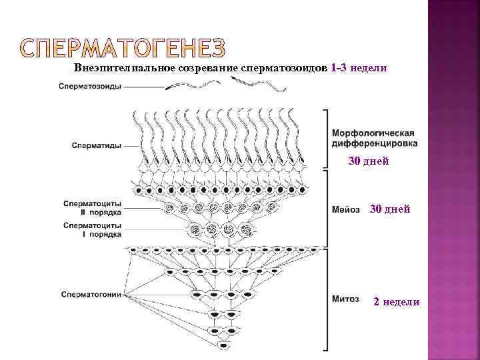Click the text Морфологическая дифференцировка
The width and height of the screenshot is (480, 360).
pyautogui.click(x=375, y=138)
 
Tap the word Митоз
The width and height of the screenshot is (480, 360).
pyautogui.click(x=345, y=298)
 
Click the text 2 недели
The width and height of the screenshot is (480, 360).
pyautogui.click(x=397, y=302)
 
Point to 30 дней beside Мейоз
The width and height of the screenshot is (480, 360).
pyautogui.click(x=390, y=209)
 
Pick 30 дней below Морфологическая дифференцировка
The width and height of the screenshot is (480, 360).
pyautogui.click(x=369, y=161)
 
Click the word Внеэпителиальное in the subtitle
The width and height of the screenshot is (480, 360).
pyautogui.click(x=121, y=69)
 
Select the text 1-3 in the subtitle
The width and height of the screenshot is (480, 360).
pyautogui.click(x=338, y=69)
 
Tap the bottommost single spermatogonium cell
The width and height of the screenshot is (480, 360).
pyautogui.click(x=224, y=344)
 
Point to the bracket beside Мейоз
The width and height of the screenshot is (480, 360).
pyautogui.click(x=325, y=207)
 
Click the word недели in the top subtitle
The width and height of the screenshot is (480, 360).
pyautogui.click(x=368, y=69)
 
